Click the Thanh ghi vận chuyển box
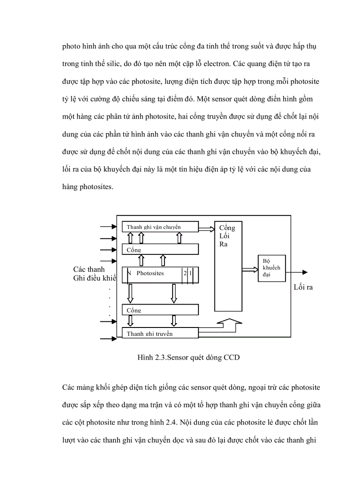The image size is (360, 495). point(160,227)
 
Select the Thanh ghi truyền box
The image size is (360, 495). point(160,333)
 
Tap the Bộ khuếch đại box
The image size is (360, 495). point(271,268)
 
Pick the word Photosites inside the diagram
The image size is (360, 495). point(150,273)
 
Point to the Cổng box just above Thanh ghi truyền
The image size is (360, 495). point(160,310)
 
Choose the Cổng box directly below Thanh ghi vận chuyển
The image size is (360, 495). point(160,249)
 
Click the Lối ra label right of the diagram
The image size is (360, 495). point(303,287)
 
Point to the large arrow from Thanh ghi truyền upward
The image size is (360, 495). point(229,326)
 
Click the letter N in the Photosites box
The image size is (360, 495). point(129,273)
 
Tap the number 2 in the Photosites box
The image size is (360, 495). point(185,273)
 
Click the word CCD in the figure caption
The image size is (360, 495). point(232,357)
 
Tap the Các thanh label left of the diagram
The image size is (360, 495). point(89,269)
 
